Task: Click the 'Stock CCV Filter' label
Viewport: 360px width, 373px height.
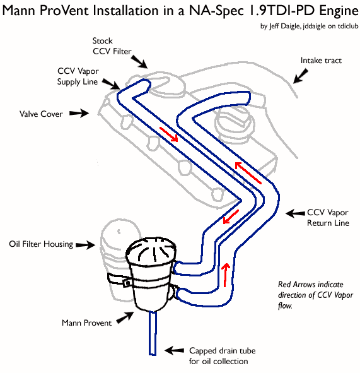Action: pos(112,46)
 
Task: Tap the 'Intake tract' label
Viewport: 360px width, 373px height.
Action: pos(321,61)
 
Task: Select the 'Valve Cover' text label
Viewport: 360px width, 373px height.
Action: pos(41,114)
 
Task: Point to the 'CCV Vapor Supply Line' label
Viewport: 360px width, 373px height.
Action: pos(78,76)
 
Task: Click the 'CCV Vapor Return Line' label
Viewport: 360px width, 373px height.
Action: pos(328,218)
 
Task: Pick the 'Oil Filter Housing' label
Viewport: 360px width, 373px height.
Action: pos(41,244)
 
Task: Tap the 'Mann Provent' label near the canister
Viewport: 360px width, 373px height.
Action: pos(86,323)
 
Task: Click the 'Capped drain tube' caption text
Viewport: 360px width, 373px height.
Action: pos(222,351)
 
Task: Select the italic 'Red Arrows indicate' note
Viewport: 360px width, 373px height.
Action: pos(311,285)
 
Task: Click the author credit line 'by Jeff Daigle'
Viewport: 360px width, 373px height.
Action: pos(281,26)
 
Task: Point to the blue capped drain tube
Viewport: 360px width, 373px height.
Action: pos(153,333)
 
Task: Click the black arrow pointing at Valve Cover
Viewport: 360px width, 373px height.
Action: pos(79,113)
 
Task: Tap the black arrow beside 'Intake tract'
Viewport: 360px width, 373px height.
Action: pos(301,76)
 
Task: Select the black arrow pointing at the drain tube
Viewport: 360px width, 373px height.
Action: pos(174,350)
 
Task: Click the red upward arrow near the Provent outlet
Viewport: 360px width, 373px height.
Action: pos(226,275)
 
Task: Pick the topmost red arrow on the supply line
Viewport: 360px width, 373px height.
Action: pos(169,134)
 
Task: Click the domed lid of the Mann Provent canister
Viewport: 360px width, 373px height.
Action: pos(151,251)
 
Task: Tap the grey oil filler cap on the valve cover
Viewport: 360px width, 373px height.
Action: pos(235,124)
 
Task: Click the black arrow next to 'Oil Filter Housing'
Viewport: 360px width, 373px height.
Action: pos(86,244)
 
